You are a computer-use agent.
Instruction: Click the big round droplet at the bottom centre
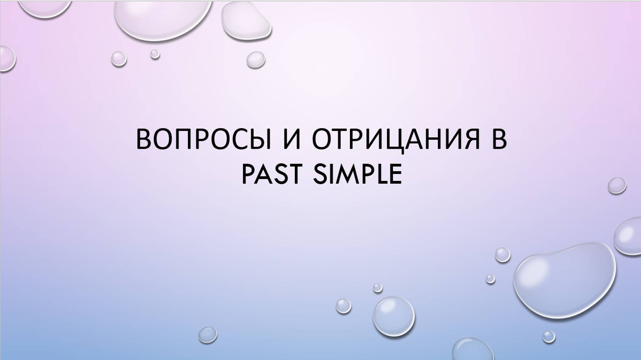coord(394,316)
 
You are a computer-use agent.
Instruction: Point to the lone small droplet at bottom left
coord(208,335)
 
